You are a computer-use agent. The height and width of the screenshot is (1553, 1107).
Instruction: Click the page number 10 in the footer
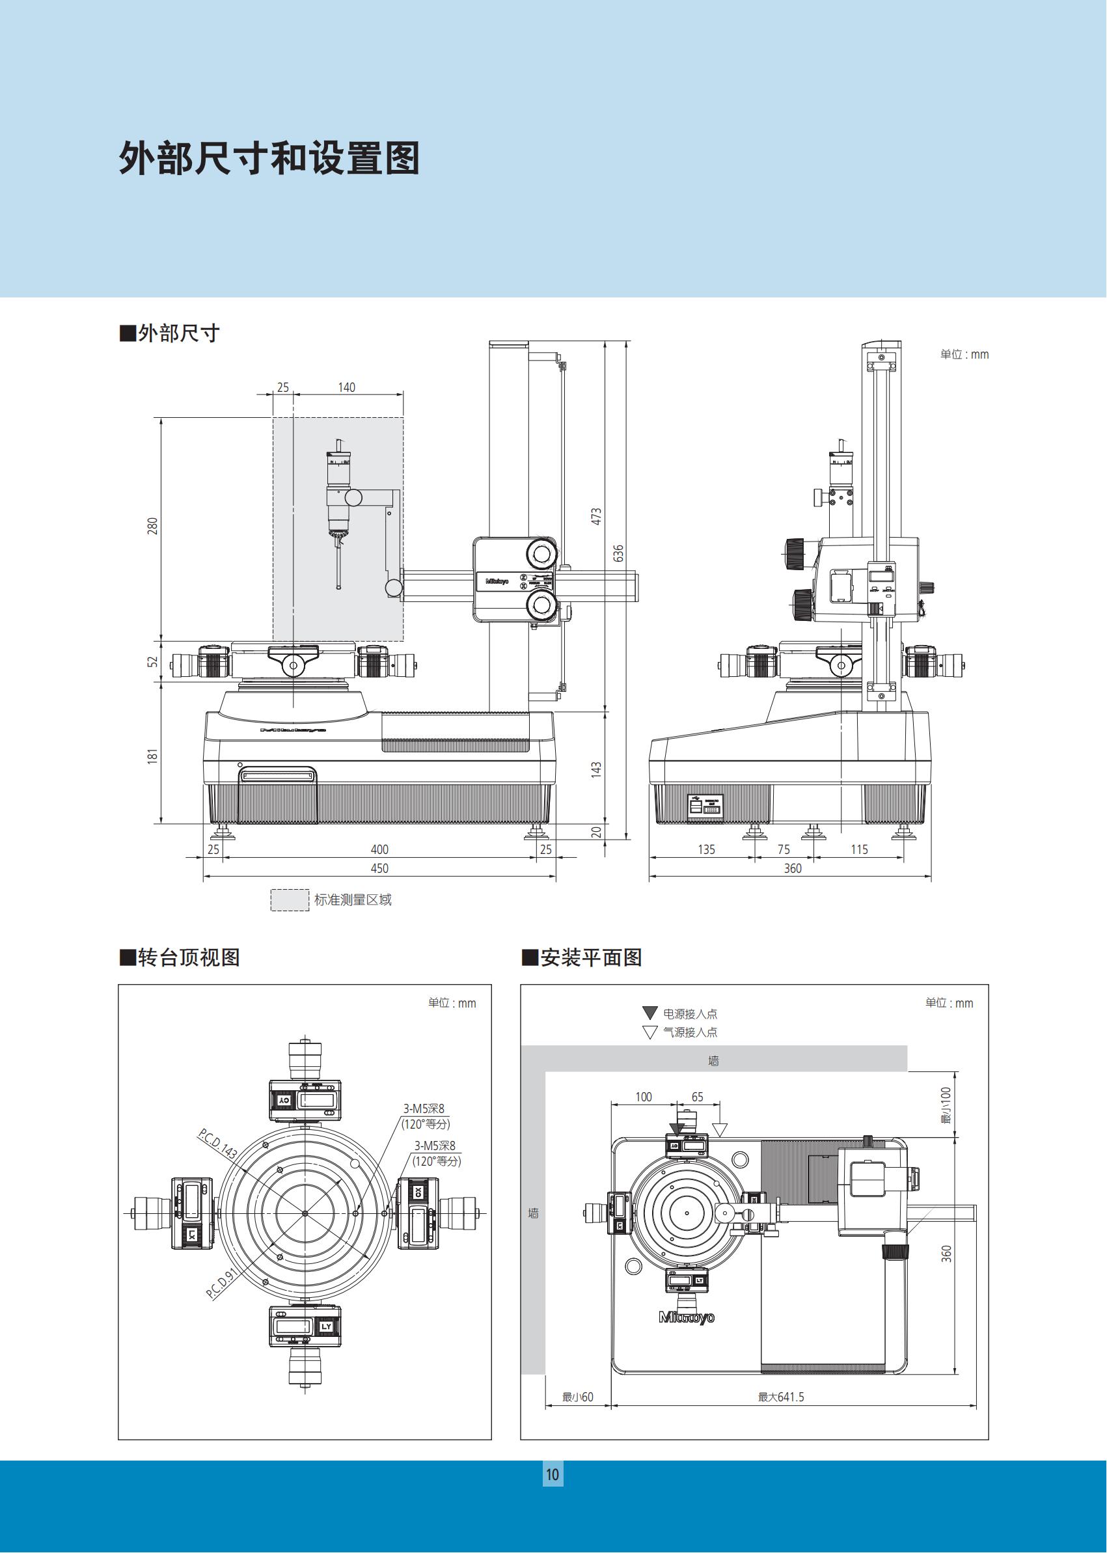(x=552, y=1475)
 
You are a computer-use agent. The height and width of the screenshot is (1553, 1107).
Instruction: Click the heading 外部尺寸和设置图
(x=269, y=159)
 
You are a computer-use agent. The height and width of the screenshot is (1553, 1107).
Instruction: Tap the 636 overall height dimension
(x=618, y=553)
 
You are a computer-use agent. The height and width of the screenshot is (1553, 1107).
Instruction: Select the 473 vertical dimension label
(x=596, y=516)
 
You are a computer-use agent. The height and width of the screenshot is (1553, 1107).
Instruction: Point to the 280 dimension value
(x=153, y=526)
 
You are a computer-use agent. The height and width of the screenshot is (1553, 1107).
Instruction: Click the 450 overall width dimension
(x=379, y=868)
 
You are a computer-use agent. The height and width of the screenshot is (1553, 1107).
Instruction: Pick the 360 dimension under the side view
(x=792, y=868)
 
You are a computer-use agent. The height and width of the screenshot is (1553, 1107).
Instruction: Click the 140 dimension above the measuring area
(x=346, y=387)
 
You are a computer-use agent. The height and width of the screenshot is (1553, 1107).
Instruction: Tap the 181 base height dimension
(x=153, y=756)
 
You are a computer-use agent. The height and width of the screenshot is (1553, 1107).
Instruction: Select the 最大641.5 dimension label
(x=780, y=1397)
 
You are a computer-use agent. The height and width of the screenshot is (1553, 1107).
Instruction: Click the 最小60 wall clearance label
(x=577, y=1397)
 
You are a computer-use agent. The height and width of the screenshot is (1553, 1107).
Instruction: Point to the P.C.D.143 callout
(x=217, y=1144)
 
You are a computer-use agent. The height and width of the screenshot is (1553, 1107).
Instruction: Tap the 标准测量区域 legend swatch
(x=290, y=900)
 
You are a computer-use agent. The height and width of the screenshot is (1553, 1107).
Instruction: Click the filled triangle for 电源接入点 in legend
(x=649, y=1013)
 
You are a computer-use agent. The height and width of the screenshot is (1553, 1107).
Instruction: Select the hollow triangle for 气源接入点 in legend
(x=649, y=1032)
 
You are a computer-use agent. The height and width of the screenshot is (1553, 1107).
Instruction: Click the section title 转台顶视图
(x=189, y=957)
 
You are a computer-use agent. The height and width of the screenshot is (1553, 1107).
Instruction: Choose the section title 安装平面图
(x=590, y=957)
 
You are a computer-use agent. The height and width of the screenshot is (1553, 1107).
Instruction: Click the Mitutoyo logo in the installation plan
(x=687, y=1318)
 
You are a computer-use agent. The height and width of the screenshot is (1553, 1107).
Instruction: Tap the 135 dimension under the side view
(x=706, y=849)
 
